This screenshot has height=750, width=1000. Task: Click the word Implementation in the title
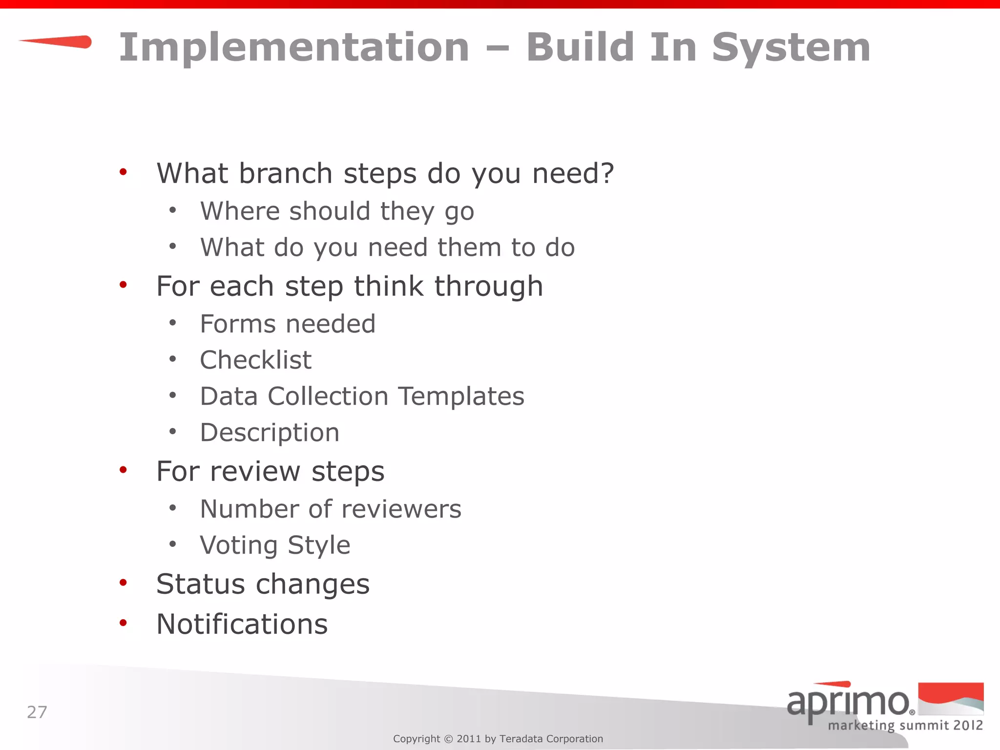[x=294, y=47]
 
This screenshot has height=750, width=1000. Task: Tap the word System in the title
[x=791, y=47]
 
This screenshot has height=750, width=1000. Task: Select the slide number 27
[x=37, y=712]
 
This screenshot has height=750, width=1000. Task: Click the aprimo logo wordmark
[x=849, y=702]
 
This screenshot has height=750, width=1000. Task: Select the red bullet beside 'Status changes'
[x=123, y=583]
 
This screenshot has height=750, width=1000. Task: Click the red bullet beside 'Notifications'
[x=123, y=623]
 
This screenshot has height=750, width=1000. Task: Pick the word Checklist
[x=255, y=360]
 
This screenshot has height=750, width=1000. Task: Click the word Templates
[x=461, y=396]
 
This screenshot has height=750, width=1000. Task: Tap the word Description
[x=270, y=433]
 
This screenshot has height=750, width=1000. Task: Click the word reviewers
[x=401, y=509]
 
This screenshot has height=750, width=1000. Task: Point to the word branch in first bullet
[x=286, y=173]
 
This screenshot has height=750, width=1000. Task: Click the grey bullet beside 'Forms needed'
[x=172, y=323]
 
